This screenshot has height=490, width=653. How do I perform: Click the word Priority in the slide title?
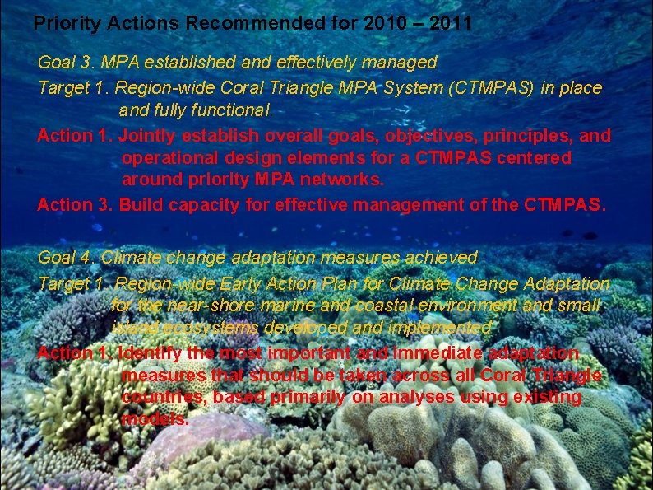tap(63, 24)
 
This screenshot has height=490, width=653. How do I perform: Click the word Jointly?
tap(149, 135)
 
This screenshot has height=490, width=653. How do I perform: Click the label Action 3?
tap(75, 205)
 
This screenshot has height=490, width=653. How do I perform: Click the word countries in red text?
tap(155, 398)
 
